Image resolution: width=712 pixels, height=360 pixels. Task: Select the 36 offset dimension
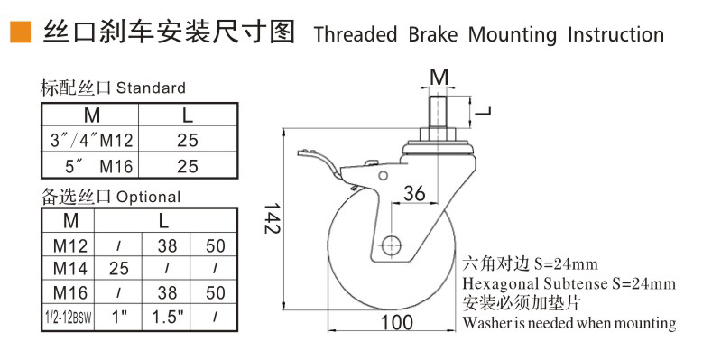(x=413, y=194)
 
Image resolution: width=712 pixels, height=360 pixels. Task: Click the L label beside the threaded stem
(x=484, y=112)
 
